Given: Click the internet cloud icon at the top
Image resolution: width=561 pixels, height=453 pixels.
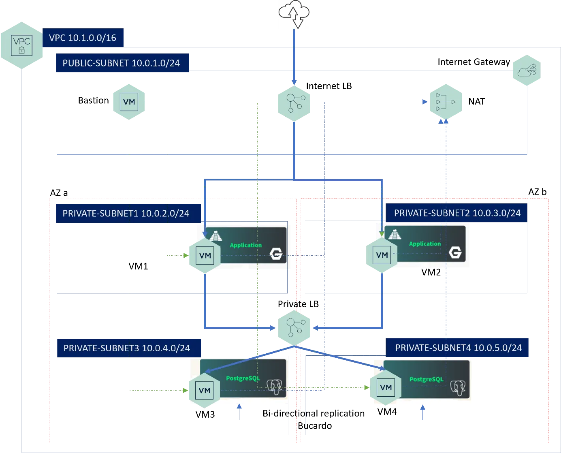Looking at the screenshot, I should (294, 14).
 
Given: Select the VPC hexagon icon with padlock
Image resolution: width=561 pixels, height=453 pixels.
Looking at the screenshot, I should (22, 45).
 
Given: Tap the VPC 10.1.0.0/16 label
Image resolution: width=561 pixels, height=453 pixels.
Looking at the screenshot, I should (83, 38).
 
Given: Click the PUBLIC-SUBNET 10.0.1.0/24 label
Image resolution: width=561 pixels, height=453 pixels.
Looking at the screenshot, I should (121, 63).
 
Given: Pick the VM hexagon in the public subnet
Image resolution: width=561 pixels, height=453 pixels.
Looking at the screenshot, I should (128, 102).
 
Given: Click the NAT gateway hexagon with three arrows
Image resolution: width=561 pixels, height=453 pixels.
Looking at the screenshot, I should (445, 102).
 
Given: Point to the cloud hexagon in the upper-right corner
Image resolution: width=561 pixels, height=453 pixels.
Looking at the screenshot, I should (526, 71).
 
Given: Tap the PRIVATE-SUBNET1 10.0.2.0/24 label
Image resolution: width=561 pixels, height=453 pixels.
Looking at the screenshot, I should (126, 214).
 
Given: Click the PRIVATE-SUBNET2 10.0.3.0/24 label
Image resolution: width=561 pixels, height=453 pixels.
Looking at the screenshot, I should (457, 213).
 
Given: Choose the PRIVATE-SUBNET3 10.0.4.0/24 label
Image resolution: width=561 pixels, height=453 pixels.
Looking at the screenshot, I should (127, 348).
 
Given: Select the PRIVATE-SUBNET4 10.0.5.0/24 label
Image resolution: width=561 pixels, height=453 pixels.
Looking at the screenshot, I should (459, 348).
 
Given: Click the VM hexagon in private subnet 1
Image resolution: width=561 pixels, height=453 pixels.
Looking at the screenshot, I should (205, 256).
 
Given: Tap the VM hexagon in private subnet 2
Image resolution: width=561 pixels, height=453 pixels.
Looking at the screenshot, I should (382, 255).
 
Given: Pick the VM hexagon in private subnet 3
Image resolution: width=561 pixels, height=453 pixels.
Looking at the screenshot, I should (205, 390).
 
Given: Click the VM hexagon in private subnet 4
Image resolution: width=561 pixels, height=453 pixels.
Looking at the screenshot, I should (386, 388).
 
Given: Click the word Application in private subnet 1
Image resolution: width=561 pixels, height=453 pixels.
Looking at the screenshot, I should (246, 245).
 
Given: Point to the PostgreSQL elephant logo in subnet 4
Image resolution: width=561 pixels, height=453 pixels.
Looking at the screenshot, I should (458, 388).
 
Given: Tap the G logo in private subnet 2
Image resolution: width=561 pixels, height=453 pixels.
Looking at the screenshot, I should (455, 253).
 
